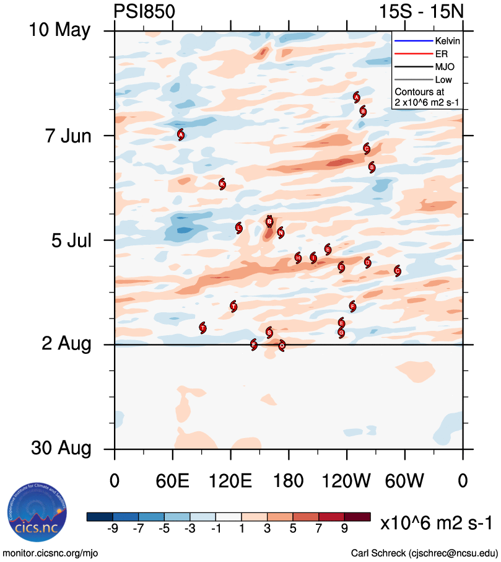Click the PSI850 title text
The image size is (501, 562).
click(x=144, y=12)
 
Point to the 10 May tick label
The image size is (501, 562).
click(x=59, y=30)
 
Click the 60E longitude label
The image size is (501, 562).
click(x=173, y=480)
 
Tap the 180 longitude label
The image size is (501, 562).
click(x=289, y=480)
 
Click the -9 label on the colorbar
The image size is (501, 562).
click(x=112, y=528)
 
